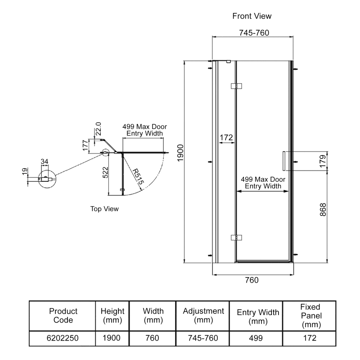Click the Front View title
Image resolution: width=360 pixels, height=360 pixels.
252,16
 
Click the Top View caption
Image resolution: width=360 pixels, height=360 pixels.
104,209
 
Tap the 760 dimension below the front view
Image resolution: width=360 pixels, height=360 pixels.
252,280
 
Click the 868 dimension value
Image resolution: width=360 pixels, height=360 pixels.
323,210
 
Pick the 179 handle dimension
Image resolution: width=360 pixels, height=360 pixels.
323,161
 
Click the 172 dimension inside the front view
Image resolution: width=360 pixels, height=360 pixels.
226,137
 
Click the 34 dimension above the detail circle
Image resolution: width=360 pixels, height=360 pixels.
44,161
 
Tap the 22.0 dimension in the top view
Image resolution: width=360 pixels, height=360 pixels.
98,130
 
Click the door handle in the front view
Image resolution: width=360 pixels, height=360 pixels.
283,161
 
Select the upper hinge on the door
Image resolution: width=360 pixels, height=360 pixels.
236,85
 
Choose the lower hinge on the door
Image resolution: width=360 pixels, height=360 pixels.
236,237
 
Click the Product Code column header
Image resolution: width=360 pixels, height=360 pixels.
63,315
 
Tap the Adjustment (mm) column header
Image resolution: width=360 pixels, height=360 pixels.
203,315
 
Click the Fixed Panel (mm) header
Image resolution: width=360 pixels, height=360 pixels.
310,315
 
